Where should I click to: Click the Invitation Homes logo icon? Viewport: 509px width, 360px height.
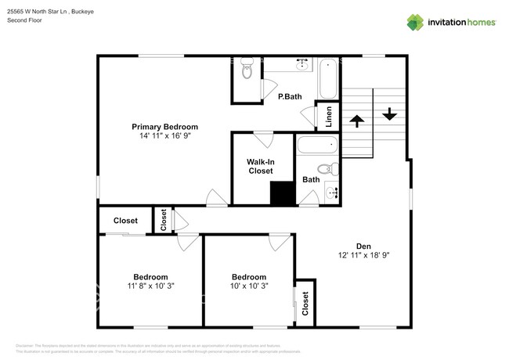click(x=415, y=22)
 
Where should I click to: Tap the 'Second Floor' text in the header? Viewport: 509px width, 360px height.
click(x=24, y=20)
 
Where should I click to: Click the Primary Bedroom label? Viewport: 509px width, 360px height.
click(x=164, y=127)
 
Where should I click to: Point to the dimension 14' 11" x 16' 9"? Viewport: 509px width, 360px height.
click(x=164, y=136)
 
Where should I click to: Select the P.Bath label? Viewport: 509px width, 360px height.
click(x=290, y=97)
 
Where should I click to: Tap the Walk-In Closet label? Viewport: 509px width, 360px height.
click(x=261, y=166)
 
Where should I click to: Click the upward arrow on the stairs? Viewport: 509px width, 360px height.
click(x=357, y=121)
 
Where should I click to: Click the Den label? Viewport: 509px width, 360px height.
click(x=364, y=245)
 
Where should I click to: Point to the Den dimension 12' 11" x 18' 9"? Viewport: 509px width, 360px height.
click(x=364, y=255)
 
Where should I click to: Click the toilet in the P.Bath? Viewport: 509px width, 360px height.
click(x=247, y=71)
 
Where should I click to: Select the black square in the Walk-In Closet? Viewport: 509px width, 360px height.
click(x=281, y=193)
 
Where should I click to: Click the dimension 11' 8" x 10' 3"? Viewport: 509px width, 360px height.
click(x=150, y=286)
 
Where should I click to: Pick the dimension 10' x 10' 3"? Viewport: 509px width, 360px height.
click(x=249, y=286)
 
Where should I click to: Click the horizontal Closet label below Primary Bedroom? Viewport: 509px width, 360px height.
click(x=125, y=221)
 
